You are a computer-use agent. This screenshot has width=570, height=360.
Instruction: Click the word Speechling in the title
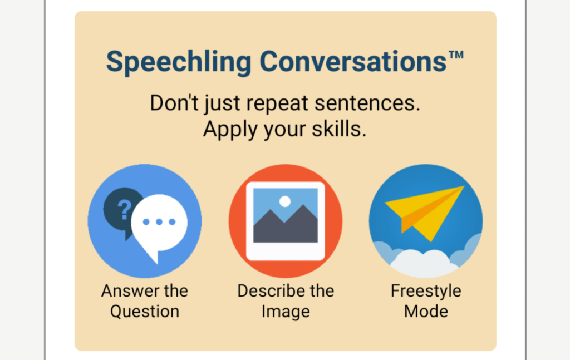point(179,62)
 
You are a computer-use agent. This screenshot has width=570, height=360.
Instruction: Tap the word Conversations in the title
point(353,61)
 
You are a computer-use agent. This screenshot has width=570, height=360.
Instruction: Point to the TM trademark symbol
point(456,55)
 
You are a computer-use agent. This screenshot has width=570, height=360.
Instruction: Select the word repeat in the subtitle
point(277,103)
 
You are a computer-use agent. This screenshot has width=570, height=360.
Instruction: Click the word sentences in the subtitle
point(367,103)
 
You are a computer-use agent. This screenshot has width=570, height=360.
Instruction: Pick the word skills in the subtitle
point(339,129)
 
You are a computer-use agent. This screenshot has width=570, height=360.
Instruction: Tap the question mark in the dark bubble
point(124,209)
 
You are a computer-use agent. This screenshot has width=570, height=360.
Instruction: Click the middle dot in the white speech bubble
point(159,222)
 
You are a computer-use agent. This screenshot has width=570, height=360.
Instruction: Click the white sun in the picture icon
point(285,201)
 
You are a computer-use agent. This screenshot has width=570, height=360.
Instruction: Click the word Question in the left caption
point(145,312)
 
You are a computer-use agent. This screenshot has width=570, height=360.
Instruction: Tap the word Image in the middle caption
point(286,312)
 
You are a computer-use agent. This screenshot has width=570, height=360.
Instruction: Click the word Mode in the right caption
point(426,312)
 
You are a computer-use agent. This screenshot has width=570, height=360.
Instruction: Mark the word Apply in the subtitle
point(230,130)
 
